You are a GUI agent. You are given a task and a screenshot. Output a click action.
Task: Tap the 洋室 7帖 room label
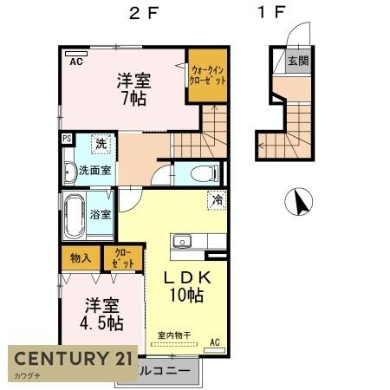(134, 90)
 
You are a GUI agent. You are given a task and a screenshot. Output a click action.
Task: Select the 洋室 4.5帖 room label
(102, 315)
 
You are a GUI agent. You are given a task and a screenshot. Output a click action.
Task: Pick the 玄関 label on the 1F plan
(298, 62)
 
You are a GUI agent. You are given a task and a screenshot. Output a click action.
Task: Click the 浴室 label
(100, 214)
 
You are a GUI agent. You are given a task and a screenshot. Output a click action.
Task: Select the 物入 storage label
(81, 257)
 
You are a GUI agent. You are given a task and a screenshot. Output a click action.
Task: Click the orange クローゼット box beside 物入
(122, 258)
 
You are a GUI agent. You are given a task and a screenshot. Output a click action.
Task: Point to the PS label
(66, 138)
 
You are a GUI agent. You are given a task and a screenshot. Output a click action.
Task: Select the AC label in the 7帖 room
(75, 62)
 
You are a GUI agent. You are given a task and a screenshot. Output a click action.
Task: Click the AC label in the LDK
(214, 343)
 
